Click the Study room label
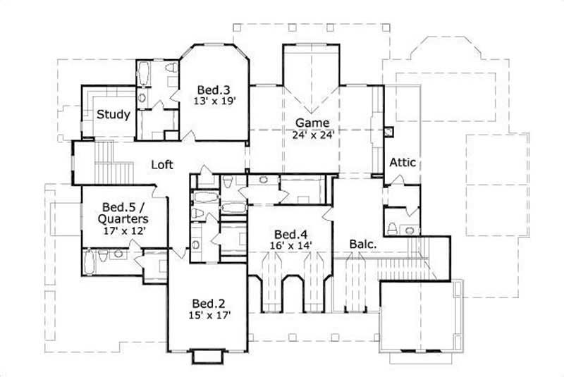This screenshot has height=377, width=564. (113, 114)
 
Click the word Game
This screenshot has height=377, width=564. (312, 122)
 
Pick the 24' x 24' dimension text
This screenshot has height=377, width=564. (312, 133)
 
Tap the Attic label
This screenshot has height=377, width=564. (403, 163)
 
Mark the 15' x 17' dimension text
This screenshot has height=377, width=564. (209, 315)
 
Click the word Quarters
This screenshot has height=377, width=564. (123, 218)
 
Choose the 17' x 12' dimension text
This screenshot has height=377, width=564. (123, 230)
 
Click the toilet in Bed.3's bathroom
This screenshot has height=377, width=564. (172, 69)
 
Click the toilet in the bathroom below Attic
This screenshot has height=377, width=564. (391, 228)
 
